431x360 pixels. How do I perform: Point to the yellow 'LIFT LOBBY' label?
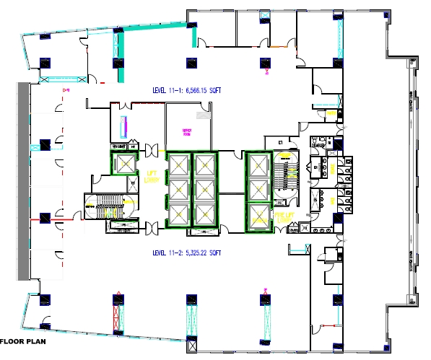tap(152, 177)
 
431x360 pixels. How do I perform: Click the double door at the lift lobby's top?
tap(152, 149)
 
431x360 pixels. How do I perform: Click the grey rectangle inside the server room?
tap(204, 115)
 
